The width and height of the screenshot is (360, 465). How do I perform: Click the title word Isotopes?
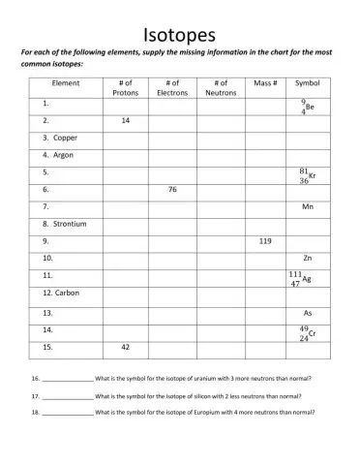click(x=179, y=35)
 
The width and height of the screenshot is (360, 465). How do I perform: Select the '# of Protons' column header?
click(x=126, y=88)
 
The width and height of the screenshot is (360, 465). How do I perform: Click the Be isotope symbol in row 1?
click(x=307, y=106)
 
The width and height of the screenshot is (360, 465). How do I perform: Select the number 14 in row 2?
click(x=126, y=121)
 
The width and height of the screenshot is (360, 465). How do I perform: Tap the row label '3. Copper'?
click(x=60, y=138)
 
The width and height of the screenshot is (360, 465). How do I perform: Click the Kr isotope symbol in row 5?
click(x=307, y=174)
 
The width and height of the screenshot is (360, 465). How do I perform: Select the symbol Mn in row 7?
click(x=308, y=206)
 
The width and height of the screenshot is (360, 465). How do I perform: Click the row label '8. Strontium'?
click(x=65, y=224)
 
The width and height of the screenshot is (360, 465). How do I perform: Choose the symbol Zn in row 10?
click(x=308, y=259)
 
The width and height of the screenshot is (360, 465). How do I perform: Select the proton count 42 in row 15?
click(x=126, y=346)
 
